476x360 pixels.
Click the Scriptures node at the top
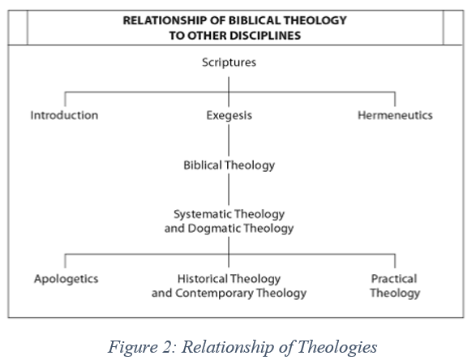pyautogui.click(x=229, y=62)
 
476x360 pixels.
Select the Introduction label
pyautogui.click(x=64, y=115)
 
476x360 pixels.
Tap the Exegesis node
pyautogui.click(x=229, y=116)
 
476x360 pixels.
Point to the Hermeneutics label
pyautogui.click(x=395, y=115)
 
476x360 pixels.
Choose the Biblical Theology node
pyautogui.click(x=229, y=165)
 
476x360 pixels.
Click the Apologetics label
pyautogui.click(x=66, y=279)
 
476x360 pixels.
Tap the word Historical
pyautogui.click(x=202, y=279)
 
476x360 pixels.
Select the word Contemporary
pyautogui.click(x=214, y=294)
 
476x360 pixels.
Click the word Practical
pyautogui.click(x=394, y=279)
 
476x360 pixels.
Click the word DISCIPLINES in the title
pyautogui.click(x=265, y=36)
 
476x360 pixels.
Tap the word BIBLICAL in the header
pyautogui.click(x=255, y=20)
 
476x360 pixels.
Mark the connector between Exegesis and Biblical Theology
pyautogui.click(x=229, y=140)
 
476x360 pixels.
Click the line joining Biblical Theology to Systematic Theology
pyautogui.click(x=229, y=190)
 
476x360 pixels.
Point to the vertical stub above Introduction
pyautogui.click(x=65, y=99)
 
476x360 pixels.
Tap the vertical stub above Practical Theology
pyautogui.click(x=395, y=261)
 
